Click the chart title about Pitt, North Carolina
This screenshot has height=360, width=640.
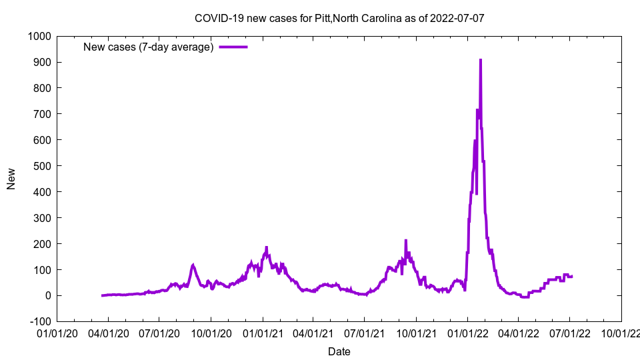[x=339, y=18]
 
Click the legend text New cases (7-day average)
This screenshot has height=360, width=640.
[x=148, y=47]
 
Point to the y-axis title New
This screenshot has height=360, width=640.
[x=11, y=179]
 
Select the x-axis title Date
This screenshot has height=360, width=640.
[x=339, y=351]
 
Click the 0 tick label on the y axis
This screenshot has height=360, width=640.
[x=48, y=295]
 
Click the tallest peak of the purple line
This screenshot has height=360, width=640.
[x=480, y=60]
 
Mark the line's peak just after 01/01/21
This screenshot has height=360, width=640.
[x=266, y=247]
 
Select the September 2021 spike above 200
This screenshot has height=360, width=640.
[x=405, y=241]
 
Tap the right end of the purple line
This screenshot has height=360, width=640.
[x=572, y=276]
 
